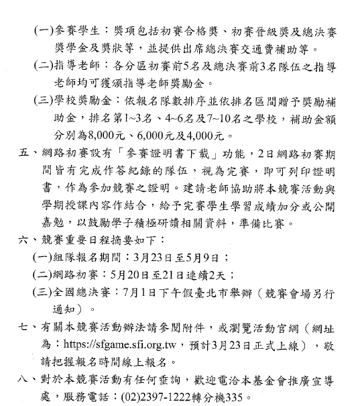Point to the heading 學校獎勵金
click(x=89, y=100)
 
